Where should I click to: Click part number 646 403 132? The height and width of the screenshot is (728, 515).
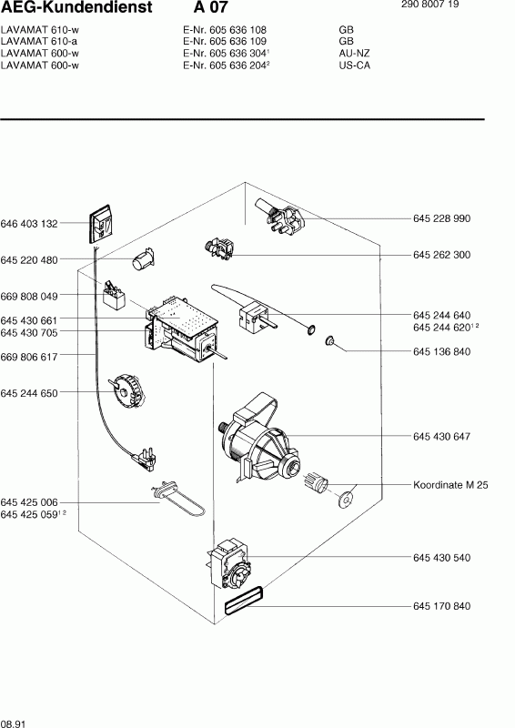29,224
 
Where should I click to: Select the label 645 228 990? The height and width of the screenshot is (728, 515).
441,218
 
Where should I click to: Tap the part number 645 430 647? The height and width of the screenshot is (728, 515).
441,437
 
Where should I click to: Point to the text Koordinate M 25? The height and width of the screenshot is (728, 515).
450,485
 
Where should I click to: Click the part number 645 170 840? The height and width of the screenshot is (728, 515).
441,606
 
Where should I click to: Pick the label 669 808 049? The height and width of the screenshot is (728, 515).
29,297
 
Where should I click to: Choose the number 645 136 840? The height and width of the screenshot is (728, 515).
441,351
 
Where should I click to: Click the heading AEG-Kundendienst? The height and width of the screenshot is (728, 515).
76,7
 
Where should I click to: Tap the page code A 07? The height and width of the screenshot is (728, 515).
211,7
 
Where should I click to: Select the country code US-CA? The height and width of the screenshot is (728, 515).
355,66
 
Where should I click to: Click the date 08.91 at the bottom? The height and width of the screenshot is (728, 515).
13,723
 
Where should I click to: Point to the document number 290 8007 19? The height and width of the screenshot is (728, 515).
429,5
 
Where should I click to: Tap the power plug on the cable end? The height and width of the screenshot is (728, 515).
145,459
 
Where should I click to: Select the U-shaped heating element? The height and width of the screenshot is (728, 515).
178,500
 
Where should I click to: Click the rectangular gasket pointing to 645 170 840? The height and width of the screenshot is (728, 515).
243,601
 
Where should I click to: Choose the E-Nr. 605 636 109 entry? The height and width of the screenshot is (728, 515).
225,41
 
